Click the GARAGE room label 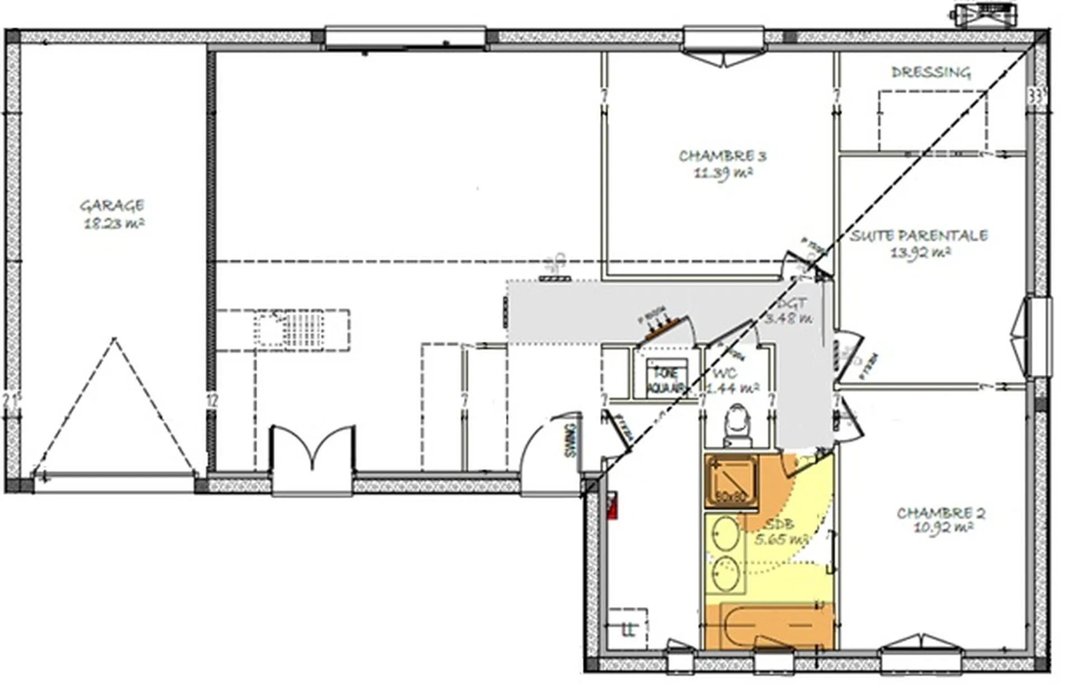point(112,206)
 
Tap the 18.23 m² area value point(114,224)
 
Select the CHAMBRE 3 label point(722,155)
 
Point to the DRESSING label point(931,72)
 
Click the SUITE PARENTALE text point(918,235)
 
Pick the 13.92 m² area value point(920,253)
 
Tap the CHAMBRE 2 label point(941,513)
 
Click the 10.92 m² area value point(943,527)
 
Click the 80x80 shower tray point(731,480)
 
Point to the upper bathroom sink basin point(726,535)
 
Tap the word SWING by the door point(570,441)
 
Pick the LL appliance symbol point(628,629)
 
